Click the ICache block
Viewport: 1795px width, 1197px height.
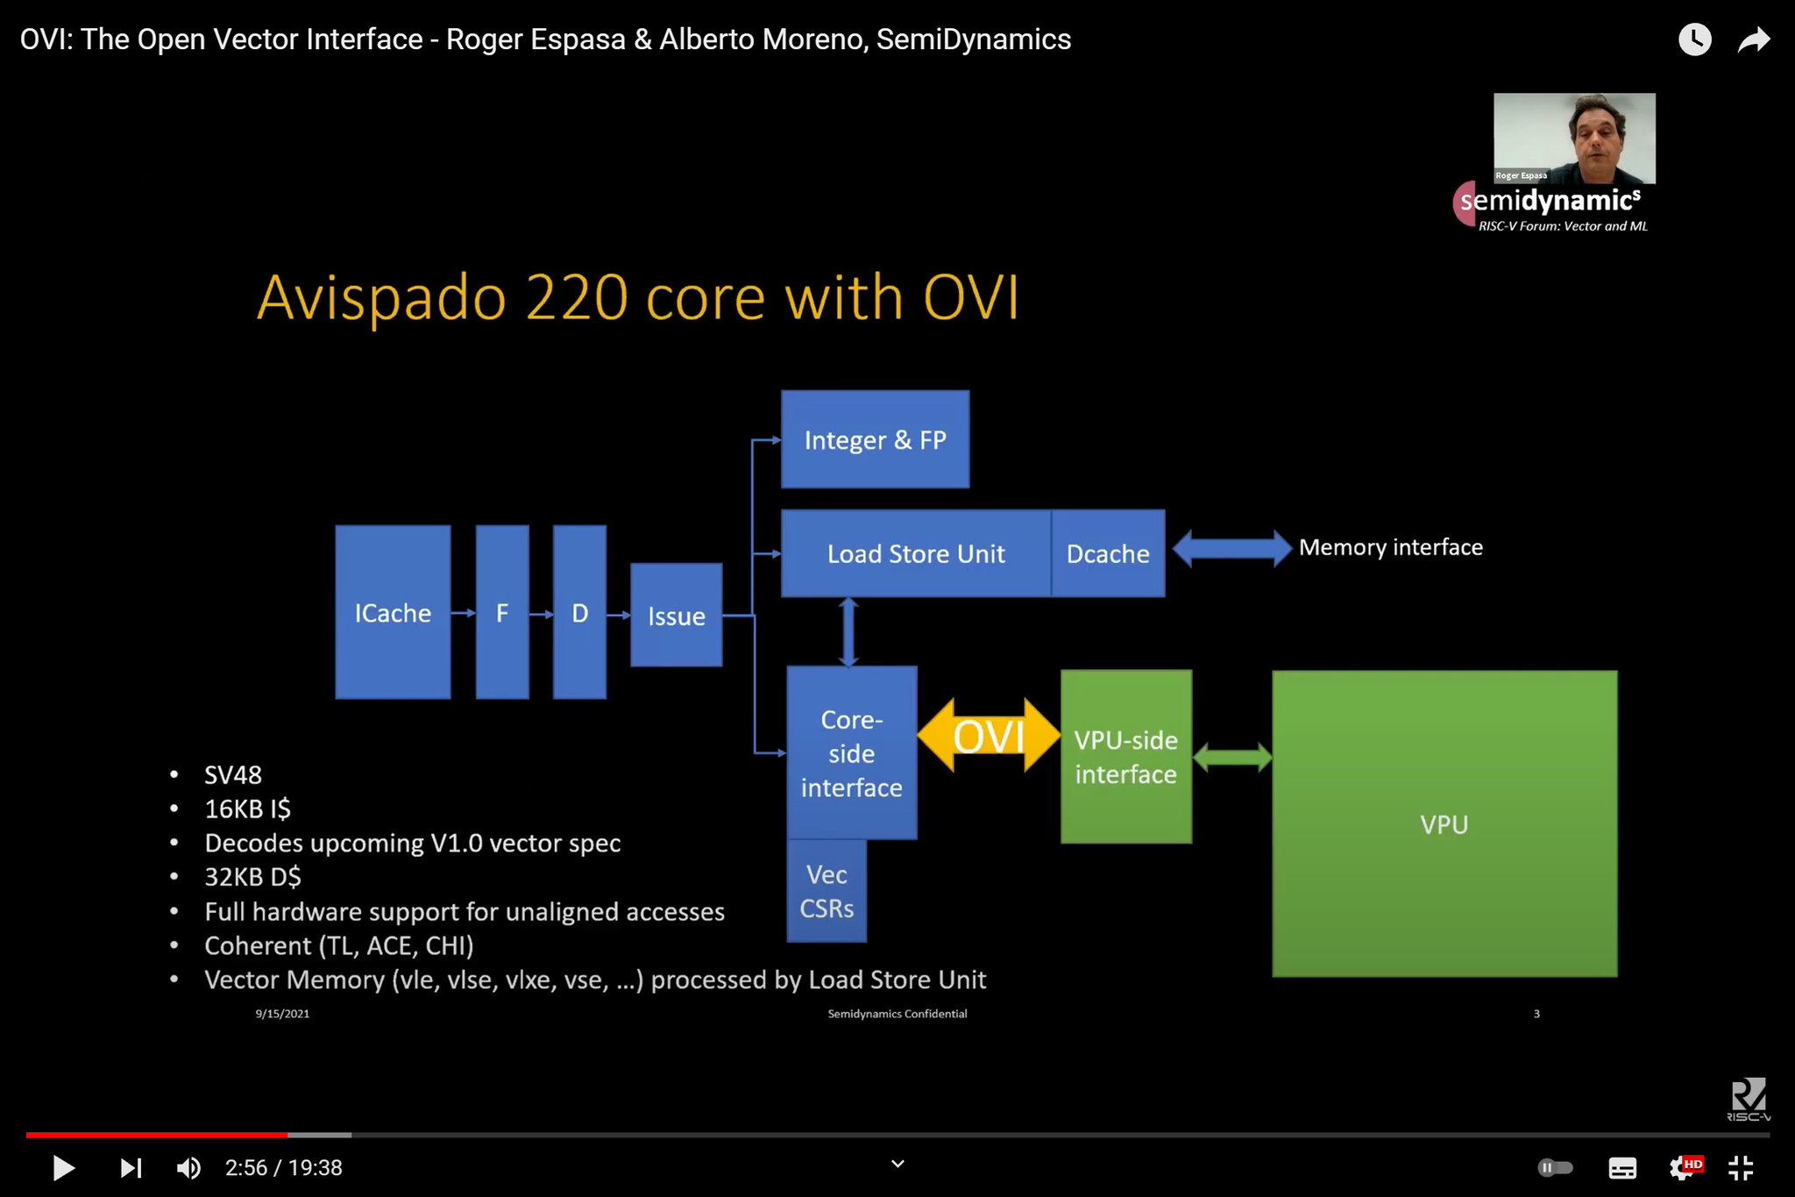pyautogui.click(x=393, y=612)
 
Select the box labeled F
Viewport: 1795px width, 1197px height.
pyautogui.click(x=502, y=612)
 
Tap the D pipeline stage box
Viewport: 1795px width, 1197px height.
pyautogui.click(x=579, y=612)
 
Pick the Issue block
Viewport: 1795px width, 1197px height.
pyautogui.click(x=676, y=616)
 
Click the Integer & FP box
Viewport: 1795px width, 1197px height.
pyautogui.click(x=875, y=439)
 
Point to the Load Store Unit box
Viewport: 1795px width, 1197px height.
pyautogui.click(x=915, y=553)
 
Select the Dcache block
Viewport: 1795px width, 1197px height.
pyautogui.click(x=1108, y=553)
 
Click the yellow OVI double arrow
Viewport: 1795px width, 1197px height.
pyautogui.click(x=989, y=736)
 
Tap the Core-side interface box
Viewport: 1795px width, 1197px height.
pyautogui.click(x=851, y=752)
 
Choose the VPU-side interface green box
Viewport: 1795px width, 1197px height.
pyautogui.click(x=1125, y=757)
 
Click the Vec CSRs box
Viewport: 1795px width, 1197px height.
pyautogui.click(x=827, y=891)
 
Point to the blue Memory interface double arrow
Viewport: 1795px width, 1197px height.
pyautogui.click(x=1231, y=549)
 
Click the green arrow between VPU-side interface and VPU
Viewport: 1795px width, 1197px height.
pyautogui.click(x=1232, y=757)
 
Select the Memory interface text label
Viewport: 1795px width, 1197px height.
pyautogui.click(x=1390, y=547)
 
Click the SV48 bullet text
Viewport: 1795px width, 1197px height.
pyautogui.click(x=232, y=775)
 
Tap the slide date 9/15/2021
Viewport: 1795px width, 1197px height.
pyautogui.click(x=282, y=1014)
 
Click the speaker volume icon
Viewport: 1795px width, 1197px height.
pyautogui.click(x=188, y=1167)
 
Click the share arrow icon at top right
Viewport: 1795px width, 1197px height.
pyautogui.click(x=1753, y=40)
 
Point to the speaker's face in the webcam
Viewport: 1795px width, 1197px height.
pyautogui.click(x=1599, y=132)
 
